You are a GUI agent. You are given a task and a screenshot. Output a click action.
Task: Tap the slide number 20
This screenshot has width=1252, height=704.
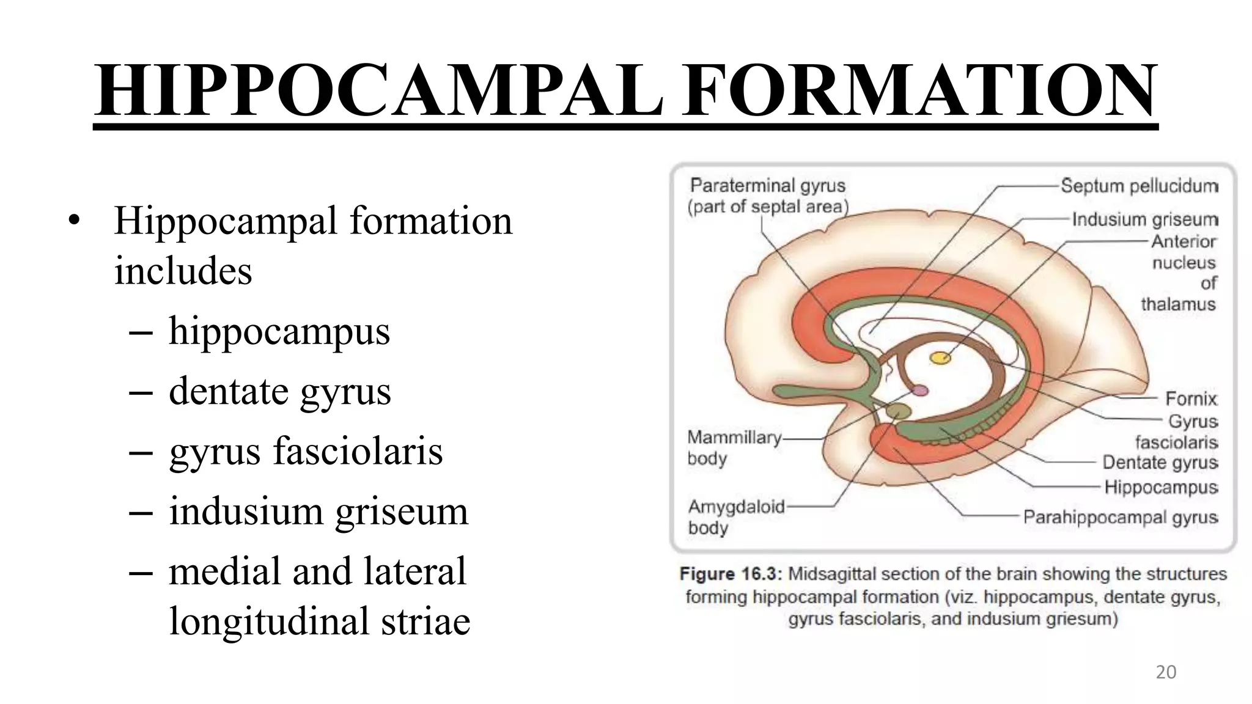point(1166,672)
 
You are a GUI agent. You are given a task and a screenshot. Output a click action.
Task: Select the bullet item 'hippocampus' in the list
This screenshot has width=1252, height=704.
point(279,331)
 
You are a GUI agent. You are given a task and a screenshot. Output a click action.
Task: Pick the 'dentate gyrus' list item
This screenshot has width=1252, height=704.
point(279,391)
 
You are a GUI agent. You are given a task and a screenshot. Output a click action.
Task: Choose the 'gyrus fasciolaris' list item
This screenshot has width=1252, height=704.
point(306,451)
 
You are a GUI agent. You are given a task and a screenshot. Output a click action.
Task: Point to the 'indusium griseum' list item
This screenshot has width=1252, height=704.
point(318,511)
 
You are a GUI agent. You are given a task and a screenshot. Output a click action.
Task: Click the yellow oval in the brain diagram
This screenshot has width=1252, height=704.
point(940,358)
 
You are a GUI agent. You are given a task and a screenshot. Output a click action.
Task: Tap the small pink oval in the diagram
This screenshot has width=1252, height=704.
point(920,391)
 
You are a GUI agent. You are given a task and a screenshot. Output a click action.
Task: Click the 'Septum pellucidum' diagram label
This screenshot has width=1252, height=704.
point(1139,186)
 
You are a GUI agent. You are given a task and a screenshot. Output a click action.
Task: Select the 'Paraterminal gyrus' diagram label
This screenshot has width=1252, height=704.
point(768,186)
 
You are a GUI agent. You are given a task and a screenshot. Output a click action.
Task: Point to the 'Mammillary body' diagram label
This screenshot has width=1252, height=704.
point(734,447)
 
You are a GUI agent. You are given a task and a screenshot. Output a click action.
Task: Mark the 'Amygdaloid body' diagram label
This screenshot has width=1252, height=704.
point(736,516)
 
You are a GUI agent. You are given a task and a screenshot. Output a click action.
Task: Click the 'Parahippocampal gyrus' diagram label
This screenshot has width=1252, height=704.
point(1121,518)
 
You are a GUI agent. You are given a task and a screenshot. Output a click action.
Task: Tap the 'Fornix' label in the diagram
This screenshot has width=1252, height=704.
point(1191,399)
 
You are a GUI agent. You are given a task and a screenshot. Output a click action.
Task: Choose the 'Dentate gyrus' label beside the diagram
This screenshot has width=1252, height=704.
point(1160,463)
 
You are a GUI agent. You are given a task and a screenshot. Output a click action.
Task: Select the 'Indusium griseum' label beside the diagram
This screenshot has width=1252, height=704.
point(1144,219)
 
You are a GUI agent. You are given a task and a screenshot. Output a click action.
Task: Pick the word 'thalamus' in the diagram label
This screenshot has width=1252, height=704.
point(1178,304)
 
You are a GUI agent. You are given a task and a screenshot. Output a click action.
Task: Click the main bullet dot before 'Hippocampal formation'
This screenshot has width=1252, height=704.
point(75,221)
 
